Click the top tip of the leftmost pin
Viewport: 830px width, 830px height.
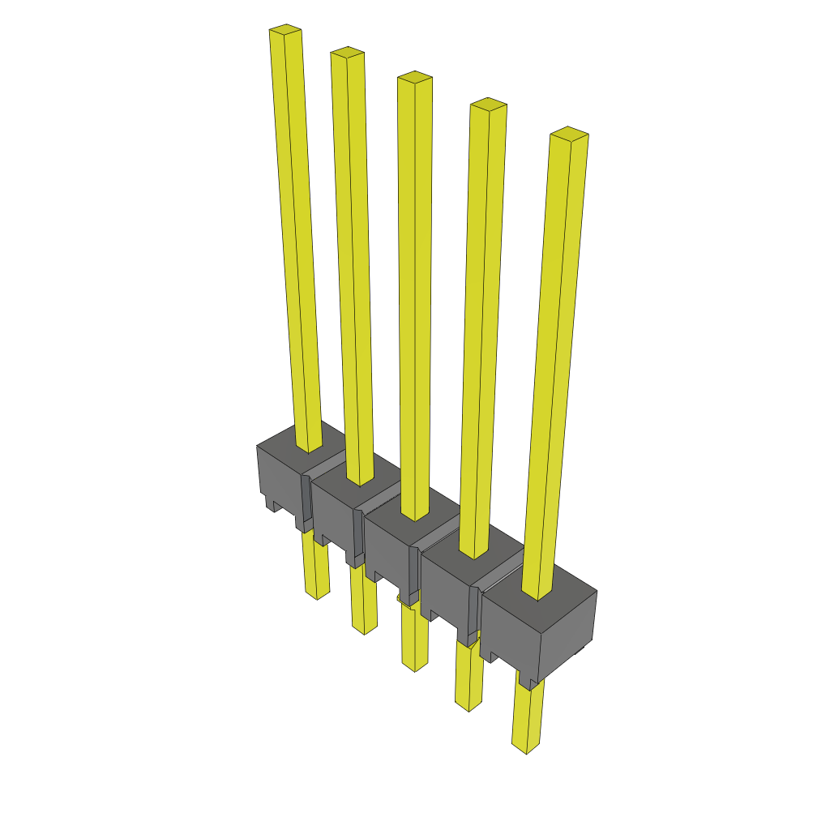pyautogui.click(x=285, y=31)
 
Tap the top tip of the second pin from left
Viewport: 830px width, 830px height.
pyautogui.click(x=347, y=53)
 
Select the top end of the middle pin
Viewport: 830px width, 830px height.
pyautogui.click(x=414, y=77)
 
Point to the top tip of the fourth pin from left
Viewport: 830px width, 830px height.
pyautogui.click(x=489, y=104)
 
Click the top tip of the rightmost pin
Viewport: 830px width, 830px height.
pyautogui.click(x=569, y=133)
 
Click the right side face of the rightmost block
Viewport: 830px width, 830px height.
pyautogui.click(x=567, y=640)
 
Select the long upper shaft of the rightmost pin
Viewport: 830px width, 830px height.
pyautogui.click(x=555, y=365)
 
